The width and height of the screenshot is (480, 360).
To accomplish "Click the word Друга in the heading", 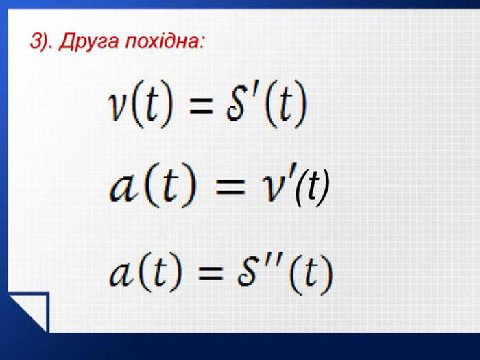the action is click(88, 41).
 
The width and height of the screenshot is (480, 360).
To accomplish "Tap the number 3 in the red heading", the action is click(36, 40).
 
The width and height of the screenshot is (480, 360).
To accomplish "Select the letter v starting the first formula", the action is click(118, 106).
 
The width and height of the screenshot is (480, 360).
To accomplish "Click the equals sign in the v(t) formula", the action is click(201, 106).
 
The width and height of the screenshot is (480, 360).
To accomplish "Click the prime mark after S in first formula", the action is click(254, 91).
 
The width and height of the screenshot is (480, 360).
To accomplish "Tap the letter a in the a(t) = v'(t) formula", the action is click(123, 188).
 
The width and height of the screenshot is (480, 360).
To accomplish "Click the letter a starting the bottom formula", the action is click(122, 274).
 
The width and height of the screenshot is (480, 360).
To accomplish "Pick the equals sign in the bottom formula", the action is click(211, 273).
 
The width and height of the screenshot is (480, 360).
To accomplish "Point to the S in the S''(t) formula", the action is click(247, 271).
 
